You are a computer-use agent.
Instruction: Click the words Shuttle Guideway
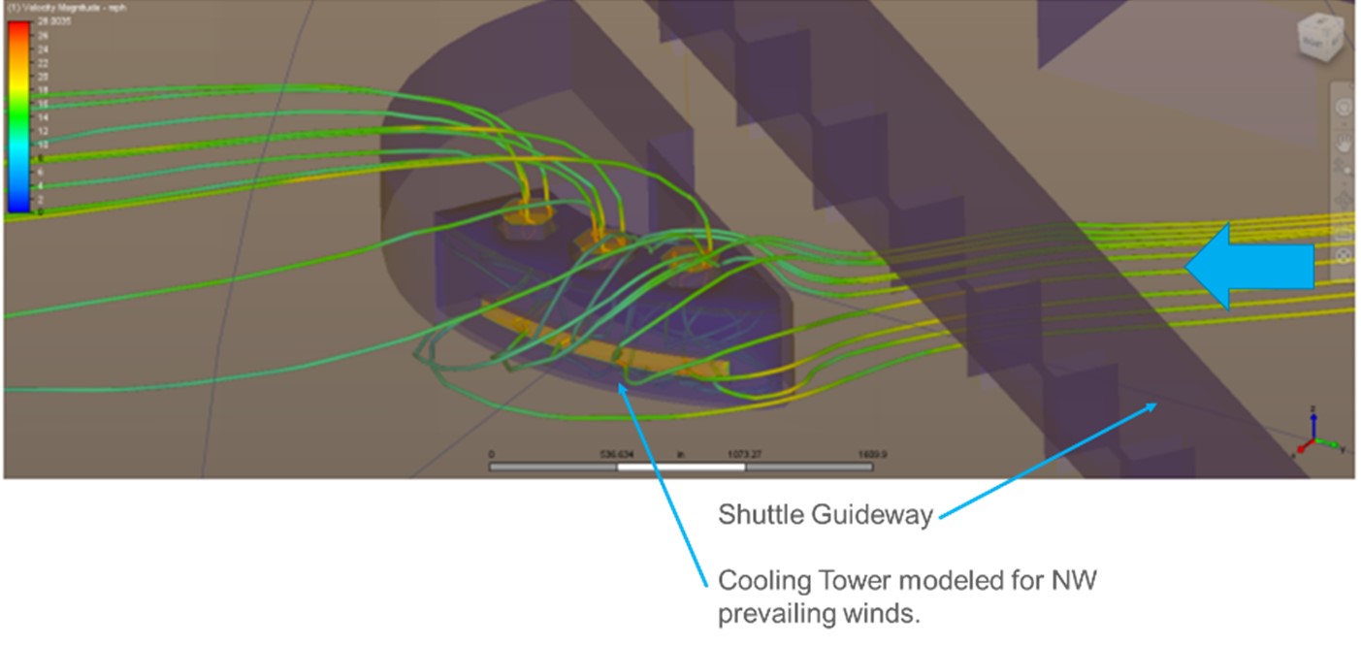click(826, 515)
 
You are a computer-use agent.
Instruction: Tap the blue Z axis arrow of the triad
click(1312, 418)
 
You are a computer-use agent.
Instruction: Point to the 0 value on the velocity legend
click(40, 210)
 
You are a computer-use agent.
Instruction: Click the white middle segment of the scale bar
click(681, 468)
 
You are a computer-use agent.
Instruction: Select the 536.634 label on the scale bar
click(617, 454)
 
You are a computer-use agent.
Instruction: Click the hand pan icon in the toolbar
click(1344, 144)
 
